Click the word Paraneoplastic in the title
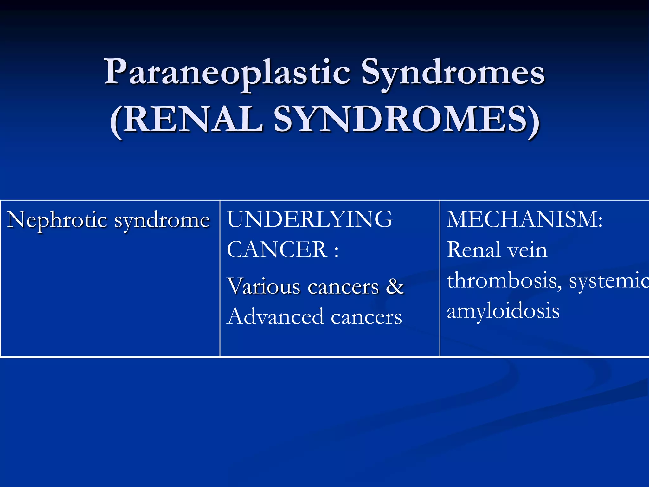point(227,72)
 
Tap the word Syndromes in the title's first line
point(453,72)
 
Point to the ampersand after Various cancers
point(395,286)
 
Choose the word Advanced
point(275,316)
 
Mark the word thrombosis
point(504,281)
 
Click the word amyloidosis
point(503,311)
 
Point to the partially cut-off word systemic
point(608,281)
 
